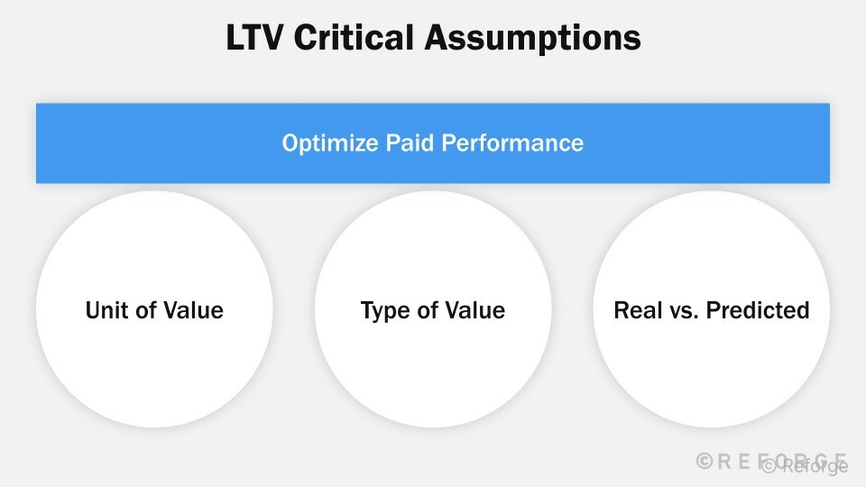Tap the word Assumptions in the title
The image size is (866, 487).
[x=540, y=39]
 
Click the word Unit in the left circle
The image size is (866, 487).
[x=105, y=311]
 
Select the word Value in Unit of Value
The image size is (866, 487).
[x=195, y=311]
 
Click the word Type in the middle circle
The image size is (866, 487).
[x=382, y=311]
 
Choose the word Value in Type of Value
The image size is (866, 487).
[x=477, y=311]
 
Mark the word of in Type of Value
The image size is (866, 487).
[x=428, y=311]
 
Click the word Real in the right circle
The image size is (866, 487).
[x=635, y=311]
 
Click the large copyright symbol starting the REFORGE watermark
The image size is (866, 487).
[x=705, y=461]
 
